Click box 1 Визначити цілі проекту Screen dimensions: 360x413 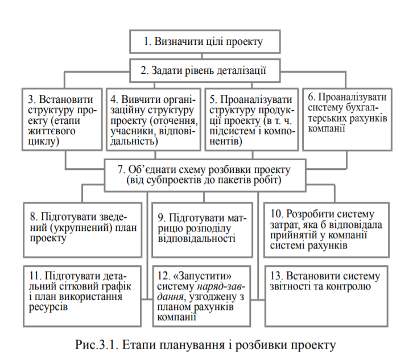[x=204, y=42]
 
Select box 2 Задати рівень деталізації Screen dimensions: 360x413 [x=204, y=72]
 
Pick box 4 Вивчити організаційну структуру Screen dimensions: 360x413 [x=154, y=117]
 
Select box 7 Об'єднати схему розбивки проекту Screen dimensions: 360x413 [x=204, y=175]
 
